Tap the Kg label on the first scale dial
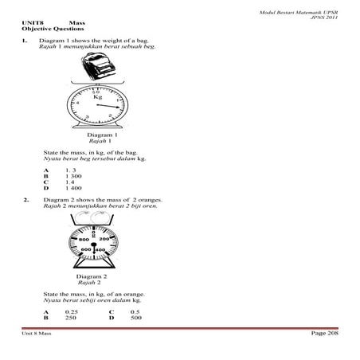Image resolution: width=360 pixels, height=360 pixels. tap(98, 96)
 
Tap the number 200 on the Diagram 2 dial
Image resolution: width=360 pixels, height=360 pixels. tap(104, 239)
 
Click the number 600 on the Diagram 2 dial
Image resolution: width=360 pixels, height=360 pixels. tap(86, 251)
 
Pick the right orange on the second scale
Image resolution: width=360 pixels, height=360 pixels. tap(107, 216)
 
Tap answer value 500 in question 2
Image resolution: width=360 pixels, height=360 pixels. tap(136, 317)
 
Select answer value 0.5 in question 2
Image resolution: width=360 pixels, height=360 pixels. tap(135, 311)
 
